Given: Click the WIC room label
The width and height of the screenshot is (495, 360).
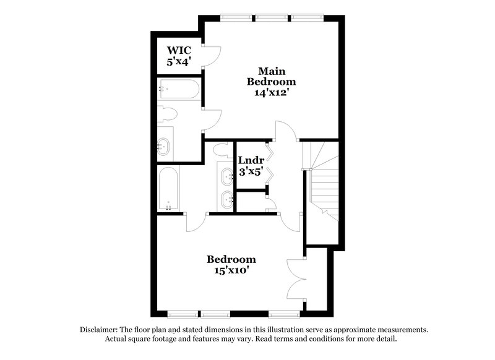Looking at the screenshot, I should pos(178,49).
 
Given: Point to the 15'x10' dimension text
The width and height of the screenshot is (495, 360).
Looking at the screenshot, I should pos(231,270).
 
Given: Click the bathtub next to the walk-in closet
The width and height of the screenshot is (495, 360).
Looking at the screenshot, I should pos(178,89).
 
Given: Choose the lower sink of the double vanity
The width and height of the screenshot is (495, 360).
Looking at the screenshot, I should pos(226,199).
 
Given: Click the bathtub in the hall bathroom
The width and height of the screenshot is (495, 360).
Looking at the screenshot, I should pos(168,189).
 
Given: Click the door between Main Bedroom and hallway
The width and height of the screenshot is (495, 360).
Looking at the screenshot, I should pos(286,131).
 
